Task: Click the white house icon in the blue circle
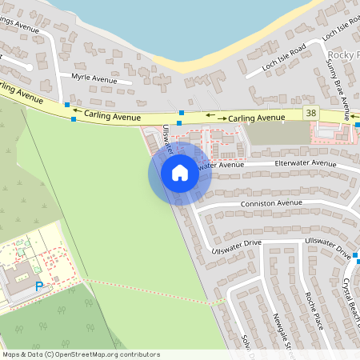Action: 180,173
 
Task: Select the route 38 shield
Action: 311,114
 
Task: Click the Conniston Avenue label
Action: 271,203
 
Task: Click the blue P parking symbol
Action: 38,286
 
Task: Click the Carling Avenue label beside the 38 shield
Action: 256,118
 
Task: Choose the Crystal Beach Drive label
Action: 349,304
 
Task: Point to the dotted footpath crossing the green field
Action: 152,292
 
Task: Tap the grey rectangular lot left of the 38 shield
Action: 276,133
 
